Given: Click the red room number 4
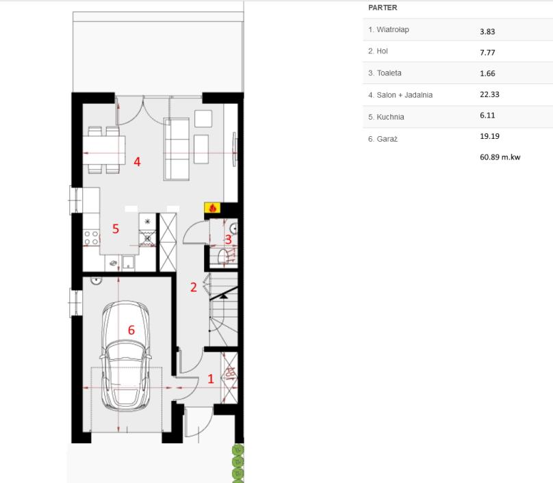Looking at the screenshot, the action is [137, 162].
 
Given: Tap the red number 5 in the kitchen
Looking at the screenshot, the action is [116, 229].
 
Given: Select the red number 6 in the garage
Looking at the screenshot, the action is [131, 330].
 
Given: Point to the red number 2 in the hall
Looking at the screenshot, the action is [193, 287].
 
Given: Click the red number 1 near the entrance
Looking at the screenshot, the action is [211, 379].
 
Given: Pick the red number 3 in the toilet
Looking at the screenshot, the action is [228, 239].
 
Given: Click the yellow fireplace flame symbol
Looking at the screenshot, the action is [212, 208].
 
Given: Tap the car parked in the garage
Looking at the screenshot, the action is [125, 356].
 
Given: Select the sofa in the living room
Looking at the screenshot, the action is [177, 149].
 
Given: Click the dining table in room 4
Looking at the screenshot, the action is [104, 151].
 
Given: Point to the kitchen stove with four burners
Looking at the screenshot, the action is [91, 237].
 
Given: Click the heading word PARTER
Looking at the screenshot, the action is [383, 8].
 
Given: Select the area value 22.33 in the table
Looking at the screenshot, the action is [489, 94].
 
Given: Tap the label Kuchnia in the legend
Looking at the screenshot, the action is [390, 117].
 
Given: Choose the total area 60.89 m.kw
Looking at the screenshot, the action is [500, 157].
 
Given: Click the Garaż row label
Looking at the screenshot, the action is [387, 139].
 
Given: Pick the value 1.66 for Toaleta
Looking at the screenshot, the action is [487, 73].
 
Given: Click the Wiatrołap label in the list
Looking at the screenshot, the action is [393, 29].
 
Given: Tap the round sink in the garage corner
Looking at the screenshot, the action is [96, 280].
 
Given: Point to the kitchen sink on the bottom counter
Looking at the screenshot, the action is [129, 262].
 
